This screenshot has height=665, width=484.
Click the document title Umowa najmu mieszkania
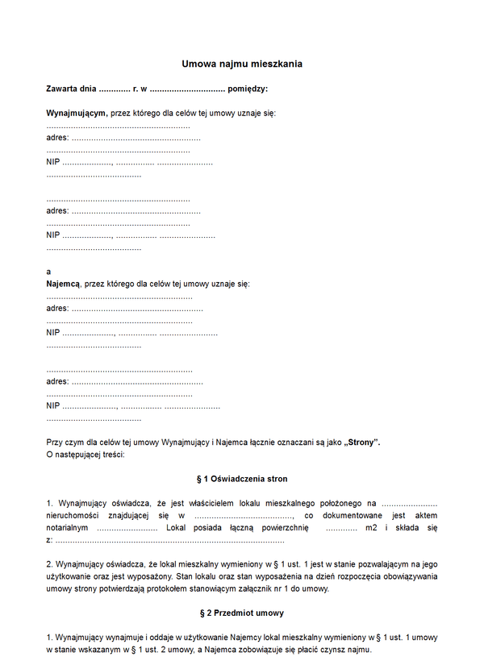tap(242, 63)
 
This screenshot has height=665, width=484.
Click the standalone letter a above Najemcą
tap(48, 272)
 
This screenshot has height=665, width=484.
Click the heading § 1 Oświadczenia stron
tap(242, 479)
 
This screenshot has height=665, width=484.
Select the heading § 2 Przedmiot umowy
tap(242, 613)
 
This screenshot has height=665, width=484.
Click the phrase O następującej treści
tap(86, 455)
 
